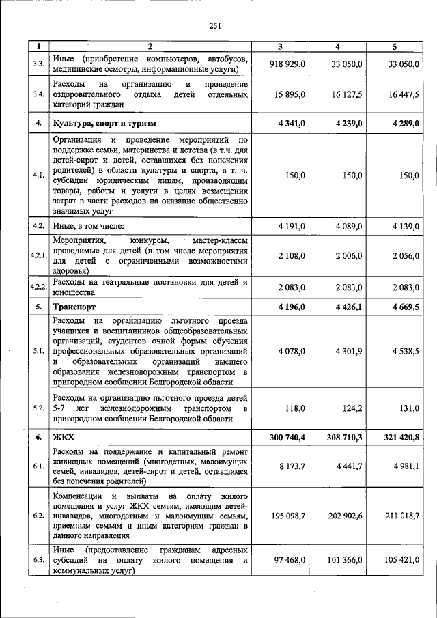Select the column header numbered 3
coord(280,47)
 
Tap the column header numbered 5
coord(394,47)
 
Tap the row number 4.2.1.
coord(39,255)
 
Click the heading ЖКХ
coord(65,436)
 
